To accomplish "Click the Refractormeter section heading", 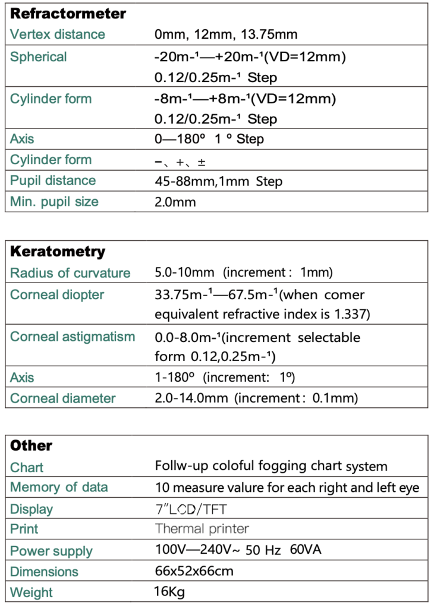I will point(68,14).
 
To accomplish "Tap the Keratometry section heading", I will point(58,252).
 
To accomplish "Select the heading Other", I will point(32,445).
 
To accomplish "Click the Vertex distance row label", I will point(58,34).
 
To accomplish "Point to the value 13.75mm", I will point(272,34).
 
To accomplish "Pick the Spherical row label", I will point(39,57).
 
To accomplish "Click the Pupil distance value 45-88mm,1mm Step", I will point(218,181).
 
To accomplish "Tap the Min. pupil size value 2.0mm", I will point(175,202).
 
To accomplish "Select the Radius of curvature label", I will point(70,273).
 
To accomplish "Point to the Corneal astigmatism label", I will point(73,337).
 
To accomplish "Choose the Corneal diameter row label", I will point(62,398).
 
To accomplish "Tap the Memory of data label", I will point(59,488).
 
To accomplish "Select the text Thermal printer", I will point(202,529).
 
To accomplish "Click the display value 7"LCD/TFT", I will point(191,509).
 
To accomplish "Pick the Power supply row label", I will point(51,551).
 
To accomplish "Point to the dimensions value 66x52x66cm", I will point(194,572).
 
